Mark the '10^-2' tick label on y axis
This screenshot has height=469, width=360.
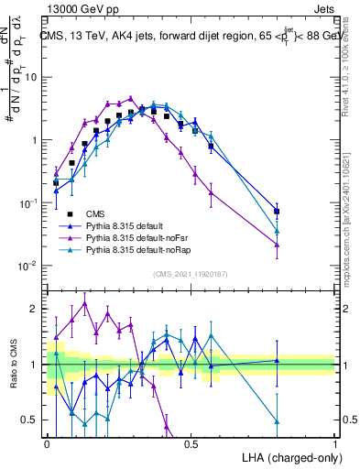[28, 266]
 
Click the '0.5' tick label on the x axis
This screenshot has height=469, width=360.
[191, 445]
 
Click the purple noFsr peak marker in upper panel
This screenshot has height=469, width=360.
[131, 99]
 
